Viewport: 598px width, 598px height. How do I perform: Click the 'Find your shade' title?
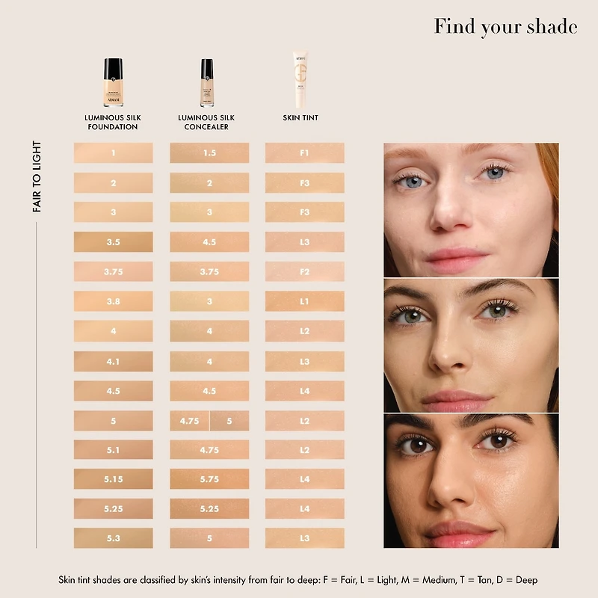pyautogui.click(x=505, y=27)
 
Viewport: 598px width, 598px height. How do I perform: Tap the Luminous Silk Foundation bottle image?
pyautogui.click(x=113, y=83)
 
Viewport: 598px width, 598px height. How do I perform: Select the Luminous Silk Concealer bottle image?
pyautogui.click(x=207, y=83)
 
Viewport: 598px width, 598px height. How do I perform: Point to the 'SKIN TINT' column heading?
pyautogui.click(x=300, y=118)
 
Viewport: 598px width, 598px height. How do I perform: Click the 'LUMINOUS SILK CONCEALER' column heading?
pyautogui.click(x=207, y=123)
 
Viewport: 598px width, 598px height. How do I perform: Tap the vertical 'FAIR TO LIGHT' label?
pyautogui.click(x=37, y=177)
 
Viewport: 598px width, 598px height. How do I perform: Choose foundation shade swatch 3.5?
pyautogui.click(x=114, y=242)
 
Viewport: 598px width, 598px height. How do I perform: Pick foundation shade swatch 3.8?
pyautogui.click(x=114, y=302)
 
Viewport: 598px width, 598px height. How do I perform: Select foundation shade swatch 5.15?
pyautogui.click(x=114, y=478)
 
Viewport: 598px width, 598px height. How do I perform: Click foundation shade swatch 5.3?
pyautogui.click(x=114, y=538)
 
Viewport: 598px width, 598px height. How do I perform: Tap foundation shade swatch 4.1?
pyautogui.click(x=114, y=362)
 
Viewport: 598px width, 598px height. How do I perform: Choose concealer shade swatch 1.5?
pyautogui.click(x=209, y=153)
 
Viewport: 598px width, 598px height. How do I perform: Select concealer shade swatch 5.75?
pyautogui.click(x=209, y=478)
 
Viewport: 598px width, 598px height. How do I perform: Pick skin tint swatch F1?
pyautogui.click(x=304, y=153)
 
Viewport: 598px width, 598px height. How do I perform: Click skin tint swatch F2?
pyautogui.click(x=304, y=272)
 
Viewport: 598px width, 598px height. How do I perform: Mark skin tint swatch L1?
pyautogui.click(x=304, y=302)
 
